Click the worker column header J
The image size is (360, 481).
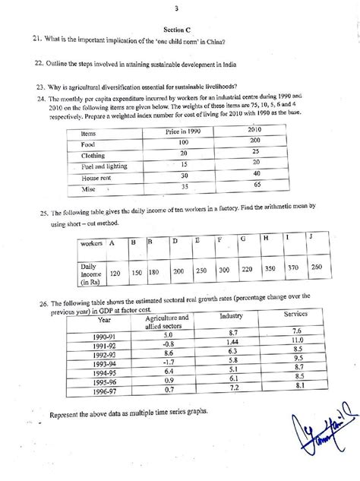[311, 240]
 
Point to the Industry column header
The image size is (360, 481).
[230, 315]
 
